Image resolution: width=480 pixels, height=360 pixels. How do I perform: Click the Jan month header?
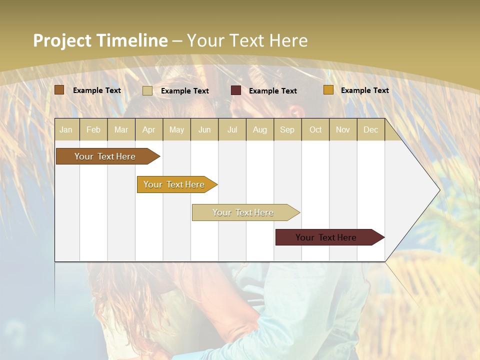(x=66, y=129)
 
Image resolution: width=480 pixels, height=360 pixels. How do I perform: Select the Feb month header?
(x=93, y=129)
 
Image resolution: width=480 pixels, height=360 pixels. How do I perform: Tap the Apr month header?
(x=148, y=129)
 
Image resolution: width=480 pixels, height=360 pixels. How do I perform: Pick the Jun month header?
(x=204, y=129)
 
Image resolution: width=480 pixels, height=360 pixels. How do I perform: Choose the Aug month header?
(x=259, y=129)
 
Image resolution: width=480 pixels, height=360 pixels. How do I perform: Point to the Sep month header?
(x=287, y=129)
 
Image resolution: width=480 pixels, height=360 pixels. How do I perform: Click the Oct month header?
(x=315, y=129)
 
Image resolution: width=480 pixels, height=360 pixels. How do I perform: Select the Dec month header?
(x=370, y=129)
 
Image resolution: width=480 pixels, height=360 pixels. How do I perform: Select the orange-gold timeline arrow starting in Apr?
(x=175, y=184)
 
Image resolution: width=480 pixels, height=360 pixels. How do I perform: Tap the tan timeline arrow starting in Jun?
(x=244, y=212)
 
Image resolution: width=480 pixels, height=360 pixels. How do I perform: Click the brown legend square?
(x=59, y=90)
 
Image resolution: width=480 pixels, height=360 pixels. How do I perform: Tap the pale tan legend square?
(x=147, y=90)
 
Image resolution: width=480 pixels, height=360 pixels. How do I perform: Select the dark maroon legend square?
(x=236, y=90)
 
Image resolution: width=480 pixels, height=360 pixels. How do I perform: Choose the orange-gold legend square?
(x=328, y=90)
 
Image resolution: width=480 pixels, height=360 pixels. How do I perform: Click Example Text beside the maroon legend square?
(x=272, y=90)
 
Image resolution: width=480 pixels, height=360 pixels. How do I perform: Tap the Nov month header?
(x=343, y=129)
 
